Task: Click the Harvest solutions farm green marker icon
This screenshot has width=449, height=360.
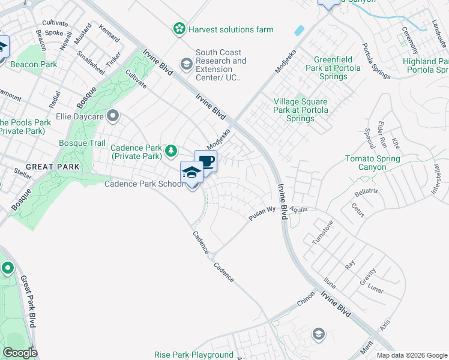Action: click(179, 28)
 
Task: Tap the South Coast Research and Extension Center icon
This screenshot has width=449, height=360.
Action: click(187, 63)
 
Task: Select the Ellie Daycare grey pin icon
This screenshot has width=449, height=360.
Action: click(112, 115)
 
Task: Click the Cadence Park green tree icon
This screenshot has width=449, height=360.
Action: click(171, 151)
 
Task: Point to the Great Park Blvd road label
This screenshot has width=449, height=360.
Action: click(28, 301)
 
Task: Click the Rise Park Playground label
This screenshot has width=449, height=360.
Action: click(193, 355)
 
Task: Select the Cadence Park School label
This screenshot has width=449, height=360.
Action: click(145, 184)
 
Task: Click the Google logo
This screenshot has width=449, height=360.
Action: click(20, 353)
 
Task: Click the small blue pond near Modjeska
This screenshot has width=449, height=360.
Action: click(300, 30)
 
